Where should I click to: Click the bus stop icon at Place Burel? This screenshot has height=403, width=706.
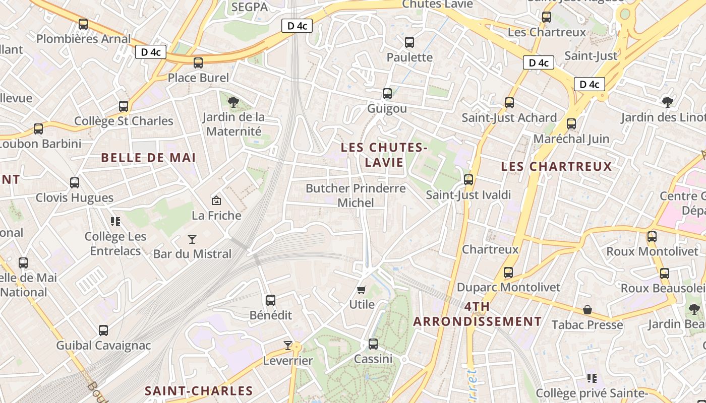[x=198, y=62]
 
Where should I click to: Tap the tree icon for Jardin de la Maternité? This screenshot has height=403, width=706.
[x=233, y=103]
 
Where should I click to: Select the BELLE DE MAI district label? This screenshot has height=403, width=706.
[x=148, y=158]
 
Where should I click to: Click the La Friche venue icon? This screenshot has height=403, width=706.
[x=216, y=200]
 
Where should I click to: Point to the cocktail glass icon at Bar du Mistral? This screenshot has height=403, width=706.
[x=192, y=239]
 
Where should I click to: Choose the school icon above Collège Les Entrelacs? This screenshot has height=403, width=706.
[x=115, y=222]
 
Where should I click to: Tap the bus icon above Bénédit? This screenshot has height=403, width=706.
[x=271, y=300]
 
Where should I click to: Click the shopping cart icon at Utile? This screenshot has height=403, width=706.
[x=361, y=290]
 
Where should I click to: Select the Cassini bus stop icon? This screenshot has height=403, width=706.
[x=373, y=344]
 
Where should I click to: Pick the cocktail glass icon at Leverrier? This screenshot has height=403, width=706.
[x=288, y=345]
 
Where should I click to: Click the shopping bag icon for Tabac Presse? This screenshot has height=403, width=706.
[x=587, y=310]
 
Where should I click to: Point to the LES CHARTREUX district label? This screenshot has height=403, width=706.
[x=556, y=166]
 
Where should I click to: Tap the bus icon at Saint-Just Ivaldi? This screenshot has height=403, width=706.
[x=468, y=180]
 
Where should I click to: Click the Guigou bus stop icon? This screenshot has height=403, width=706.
[x=387, y=94]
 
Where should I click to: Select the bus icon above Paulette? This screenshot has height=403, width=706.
[x=409, y=42]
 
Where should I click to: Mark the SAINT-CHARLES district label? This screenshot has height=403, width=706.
[x=199, y=391]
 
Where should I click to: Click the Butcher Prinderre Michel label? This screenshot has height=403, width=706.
[x=356, y=195]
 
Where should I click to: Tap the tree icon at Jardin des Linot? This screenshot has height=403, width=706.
[x=668, y=102]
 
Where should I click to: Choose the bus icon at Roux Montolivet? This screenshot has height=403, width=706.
[x=652, y=236]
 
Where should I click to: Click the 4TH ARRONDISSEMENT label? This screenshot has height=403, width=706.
[x=477, y=314]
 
